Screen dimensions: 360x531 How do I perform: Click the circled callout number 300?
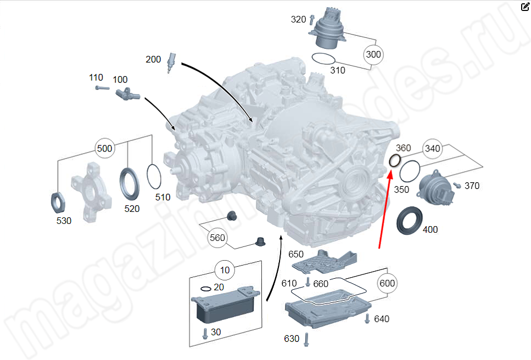(x=373, y=55)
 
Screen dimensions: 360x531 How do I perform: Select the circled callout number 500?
(x=104, y=148)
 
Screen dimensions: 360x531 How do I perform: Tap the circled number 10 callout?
(x=225, y=270)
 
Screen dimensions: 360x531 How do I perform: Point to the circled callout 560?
(x=217, y=238)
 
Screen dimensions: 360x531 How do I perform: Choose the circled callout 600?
(x=387, y=283)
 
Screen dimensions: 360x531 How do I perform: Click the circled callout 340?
(x=433, y=148)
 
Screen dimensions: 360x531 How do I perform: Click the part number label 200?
(x=153, y=59)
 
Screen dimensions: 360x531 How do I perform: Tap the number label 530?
(x=64, y=221)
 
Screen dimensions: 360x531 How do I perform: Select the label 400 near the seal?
(x=431, y=229)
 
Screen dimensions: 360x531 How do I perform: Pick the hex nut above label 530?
(x=58, y=201)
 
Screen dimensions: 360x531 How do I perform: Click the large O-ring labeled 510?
(x=156, y=177)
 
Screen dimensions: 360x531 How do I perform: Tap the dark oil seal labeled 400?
(x=410, y=220)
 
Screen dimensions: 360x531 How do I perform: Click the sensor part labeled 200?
(x=171, y=63)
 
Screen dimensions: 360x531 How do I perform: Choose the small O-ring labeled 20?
(x=206, y=289)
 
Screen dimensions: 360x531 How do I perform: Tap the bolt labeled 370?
(x=456, y=185)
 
